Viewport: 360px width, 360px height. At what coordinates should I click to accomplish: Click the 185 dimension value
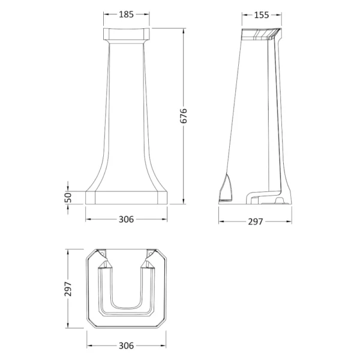pos(126,14)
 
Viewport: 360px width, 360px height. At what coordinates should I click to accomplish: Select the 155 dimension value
pos(261,15)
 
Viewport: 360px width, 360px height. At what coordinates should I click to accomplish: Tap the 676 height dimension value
pos(184,116)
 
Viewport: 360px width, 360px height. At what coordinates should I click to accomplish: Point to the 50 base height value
pos(68,197)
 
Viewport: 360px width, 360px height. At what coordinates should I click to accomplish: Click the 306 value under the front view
pos(126,220)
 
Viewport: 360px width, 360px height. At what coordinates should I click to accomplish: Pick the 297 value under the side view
pos(256,222)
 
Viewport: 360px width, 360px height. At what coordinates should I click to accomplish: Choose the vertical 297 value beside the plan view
pos(68,289)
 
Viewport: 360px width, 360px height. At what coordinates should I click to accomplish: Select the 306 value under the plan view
pos(126,346)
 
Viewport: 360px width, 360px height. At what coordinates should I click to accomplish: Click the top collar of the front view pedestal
pos(126,34)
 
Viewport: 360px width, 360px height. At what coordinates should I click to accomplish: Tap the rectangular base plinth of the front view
pos(126,197)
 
